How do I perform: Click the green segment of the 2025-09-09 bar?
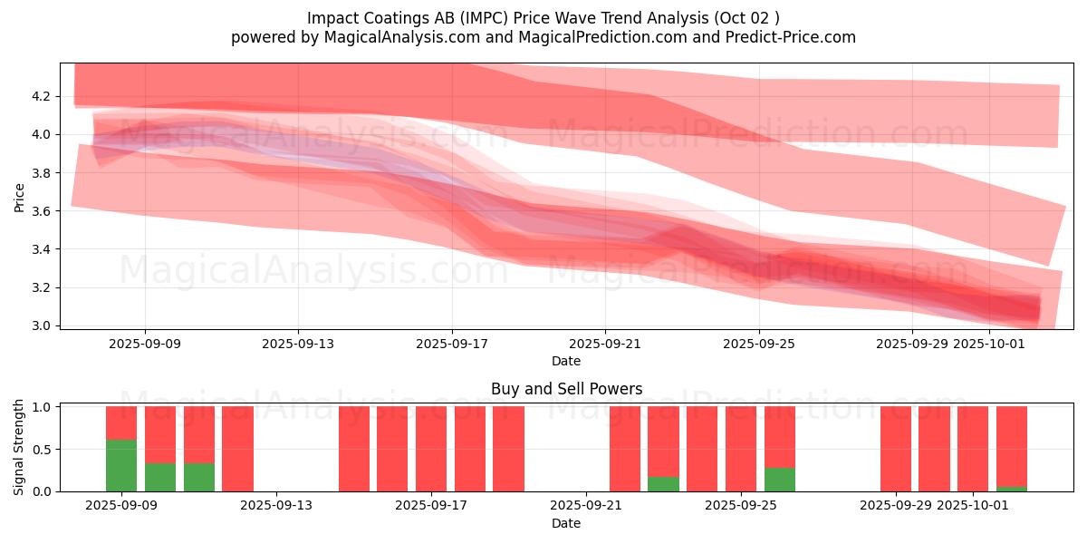121,465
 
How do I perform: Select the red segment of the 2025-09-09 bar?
121,423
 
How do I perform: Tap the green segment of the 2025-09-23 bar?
663,483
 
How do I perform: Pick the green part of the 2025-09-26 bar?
779,479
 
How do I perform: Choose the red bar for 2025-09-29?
895,449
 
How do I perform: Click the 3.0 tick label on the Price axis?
42,325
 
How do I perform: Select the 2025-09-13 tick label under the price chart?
299,344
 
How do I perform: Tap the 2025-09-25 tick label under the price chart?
759,344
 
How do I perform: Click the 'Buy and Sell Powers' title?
566,389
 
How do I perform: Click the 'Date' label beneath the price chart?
566,361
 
